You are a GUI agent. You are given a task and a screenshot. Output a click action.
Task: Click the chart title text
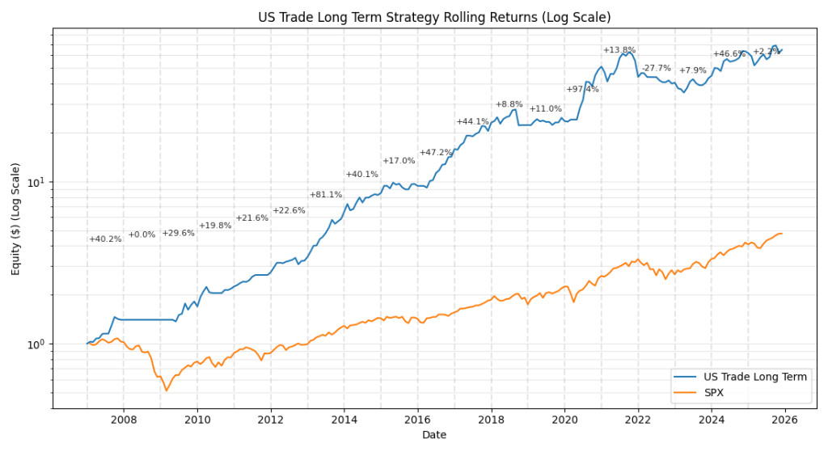point(434,17)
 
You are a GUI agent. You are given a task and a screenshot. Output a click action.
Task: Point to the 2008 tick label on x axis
point(124,419)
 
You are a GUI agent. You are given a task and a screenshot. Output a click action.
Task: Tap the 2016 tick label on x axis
point(417,419)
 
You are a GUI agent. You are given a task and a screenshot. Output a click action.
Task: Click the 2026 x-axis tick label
point(784,419)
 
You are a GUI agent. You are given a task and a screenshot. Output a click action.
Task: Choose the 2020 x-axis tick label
point(564,419)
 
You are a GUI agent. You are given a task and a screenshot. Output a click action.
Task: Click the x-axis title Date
point(434,435)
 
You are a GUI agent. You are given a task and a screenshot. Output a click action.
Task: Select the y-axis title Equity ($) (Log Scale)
point(16,218)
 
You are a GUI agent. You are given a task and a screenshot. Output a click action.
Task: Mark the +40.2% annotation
point(105,239)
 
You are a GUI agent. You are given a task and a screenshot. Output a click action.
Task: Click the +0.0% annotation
point(142,234)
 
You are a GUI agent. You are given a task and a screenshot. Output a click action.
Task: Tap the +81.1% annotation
point(326,195)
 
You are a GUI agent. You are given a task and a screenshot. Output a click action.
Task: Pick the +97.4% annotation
point(582,89)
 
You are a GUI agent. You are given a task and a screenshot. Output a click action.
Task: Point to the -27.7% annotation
point(656,68)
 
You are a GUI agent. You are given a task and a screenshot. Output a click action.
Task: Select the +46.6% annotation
point(729,54)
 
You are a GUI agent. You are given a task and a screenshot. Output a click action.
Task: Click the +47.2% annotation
point(436,153)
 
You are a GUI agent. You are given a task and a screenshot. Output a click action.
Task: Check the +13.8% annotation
point(619,50)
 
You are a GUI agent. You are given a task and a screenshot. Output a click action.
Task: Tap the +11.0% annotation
point(546,108)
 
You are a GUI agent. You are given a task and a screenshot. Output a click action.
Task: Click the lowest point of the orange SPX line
point(167,391)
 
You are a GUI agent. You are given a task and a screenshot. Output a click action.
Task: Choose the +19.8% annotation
point(215,226)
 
